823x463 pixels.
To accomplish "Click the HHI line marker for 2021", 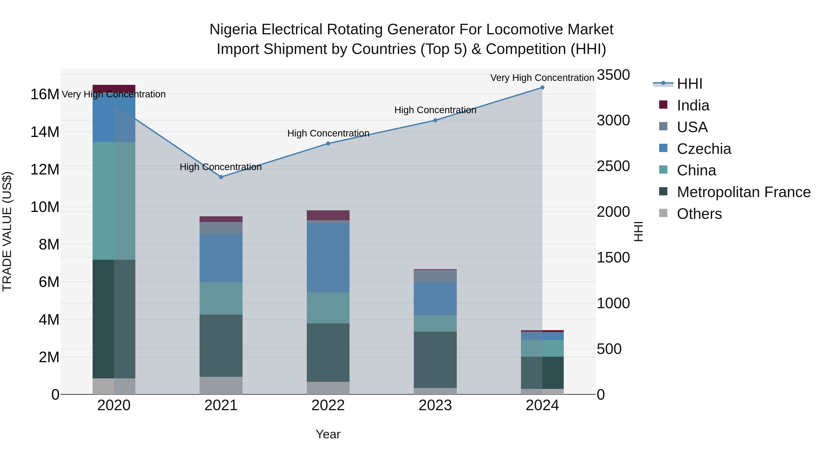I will [221, 177].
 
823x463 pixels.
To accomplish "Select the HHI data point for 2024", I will [542, 87].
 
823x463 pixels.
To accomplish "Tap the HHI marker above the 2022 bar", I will [328, 143].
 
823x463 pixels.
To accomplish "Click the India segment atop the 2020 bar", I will [114, 88].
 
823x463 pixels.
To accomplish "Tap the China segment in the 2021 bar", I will [221, 298].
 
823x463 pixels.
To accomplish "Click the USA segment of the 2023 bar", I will [435, 276].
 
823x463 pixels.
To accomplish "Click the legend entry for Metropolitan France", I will [743, 192].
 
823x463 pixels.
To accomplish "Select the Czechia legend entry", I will [704, 149].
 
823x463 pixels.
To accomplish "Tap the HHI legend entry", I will [689, 84].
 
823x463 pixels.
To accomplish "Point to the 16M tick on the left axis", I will [45, 95].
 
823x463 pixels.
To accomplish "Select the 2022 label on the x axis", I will [328, 405].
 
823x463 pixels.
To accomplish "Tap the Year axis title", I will [328, 434].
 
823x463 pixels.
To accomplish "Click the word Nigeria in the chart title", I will [233, 29].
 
